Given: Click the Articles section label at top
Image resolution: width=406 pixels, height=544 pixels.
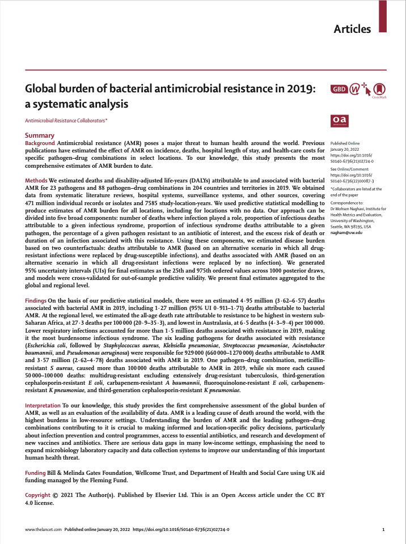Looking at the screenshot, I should tap(352, 29).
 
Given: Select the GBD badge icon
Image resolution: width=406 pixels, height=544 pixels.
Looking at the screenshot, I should tap(339, 89).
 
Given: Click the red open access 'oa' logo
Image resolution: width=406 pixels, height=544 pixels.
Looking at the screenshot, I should tap(339, 120).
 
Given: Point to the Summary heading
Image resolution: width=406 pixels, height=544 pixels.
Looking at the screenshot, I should tap(40, 135).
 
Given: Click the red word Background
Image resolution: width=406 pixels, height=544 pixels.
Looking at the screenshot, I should tap(40, 143).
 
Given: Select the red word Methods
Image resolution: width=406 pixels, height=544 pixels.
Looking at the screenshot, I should tap(36, 180).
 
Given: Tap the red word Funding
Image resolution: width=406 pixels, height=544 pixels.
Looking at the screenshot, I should tap(36, 473).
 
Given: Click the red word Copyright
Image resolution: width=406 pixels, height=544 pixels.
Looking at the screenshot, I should tap(38, 495).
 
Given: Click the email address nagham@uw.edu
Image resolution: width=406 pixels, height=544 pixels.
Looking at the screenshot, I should tap(346, 232).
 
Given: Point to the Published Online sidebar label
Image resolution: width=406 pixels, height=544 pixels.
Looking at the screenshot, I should tap(345, 144).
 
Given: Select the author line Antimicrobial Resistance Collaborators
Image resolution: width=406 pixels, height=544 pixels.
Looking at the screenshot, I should tap(66, 121).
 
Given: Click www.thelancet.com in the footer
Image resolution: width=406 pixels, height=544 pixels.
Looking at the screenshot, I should tap(43, 529).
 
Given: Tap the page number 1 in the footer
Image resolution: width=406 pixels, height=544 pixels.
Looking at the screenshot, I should tap(384, 529).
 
